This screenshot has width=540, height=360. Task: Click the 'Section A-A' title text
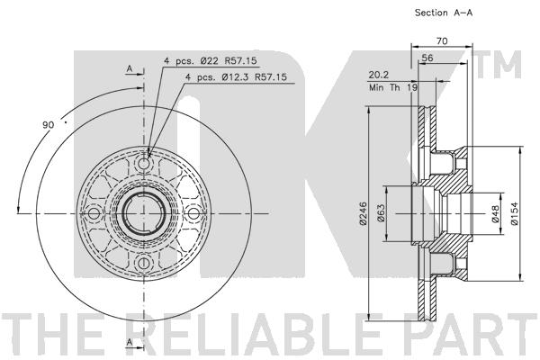pos(444,13)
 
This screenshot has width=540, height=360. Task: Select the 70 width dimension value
pos(442,41)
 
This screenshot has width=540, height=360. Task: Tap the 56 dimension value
pos(427,58)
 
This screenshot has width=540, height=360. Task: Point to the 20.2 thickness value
pos(379,75)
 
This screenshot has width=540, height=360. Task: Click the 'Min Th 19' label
pos(393,87)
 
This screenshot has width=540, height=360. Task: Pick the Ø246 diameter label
pos(364,213)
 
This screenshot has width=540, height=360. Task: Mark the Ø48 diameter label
pos(495,213)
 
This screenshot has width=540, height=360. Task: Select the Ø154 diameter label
pos(514,213)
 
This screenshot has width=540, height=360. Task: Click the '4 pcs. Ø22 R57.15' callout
pos(210,61)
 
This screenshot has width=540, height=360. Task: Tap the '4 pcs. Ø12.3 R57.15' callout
pos(236,77)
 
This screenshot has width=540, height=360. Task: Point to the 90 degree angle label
pos(49,125)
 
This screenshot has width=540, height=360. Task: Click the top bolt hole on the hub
pos(143,164)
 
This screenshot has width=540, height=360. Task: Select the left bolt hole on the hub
pos(94,213)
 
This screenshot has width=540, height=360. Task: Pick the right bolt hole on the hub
pos(193,213)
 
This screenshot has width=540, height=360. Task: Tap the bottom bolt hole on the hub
pos(143,263)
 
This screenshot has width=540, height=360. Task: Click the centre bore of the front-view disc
pos(143,213)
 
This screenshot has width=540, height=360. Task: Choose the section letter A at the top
pos(130,69)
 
